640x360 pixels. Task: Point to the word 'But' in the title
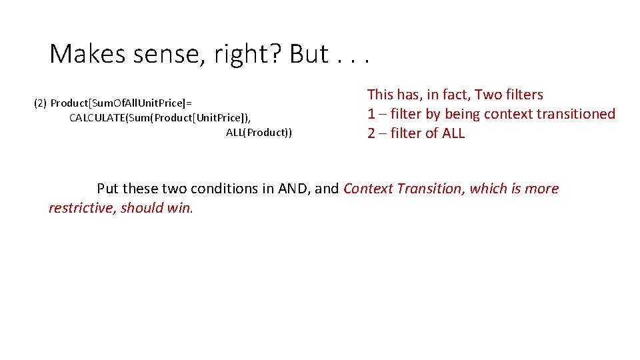point(309,54)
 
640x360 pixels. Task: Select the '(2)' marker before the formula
point(40,103)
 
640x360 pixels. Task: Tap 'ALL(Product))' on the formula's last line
point(259,133)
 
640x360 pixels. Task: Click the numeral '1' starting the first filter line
point(371,114)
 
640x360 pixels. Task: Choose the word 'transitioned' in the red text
point(577,114)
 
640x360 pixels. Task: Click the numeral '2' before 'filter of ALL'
point(371,133)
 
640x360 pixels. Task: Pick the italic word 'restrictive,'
point(83,208)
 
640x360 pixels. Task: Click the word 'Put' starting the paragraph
point(108,189)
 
